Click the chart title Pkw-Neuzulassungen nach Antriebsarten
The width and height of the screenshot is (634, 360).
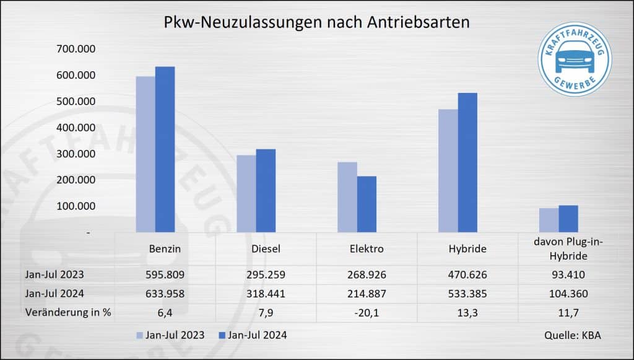[316, 22]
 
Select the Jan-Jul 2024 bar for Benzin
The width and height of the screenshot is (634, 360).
[165, 149]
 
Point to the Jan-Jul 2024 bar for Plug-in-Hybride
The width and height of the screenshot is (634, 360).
[568, 219]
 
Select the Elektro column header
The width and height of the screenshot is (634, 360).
[367, 249]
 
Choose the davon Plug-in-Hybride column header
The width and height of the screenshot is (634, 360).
[568, 249]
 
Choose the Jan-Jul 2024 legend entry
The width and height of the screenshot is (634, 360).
[252, 335]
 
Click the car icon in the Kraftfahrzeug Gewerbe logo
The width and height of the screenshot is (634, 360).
[574, 59]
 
